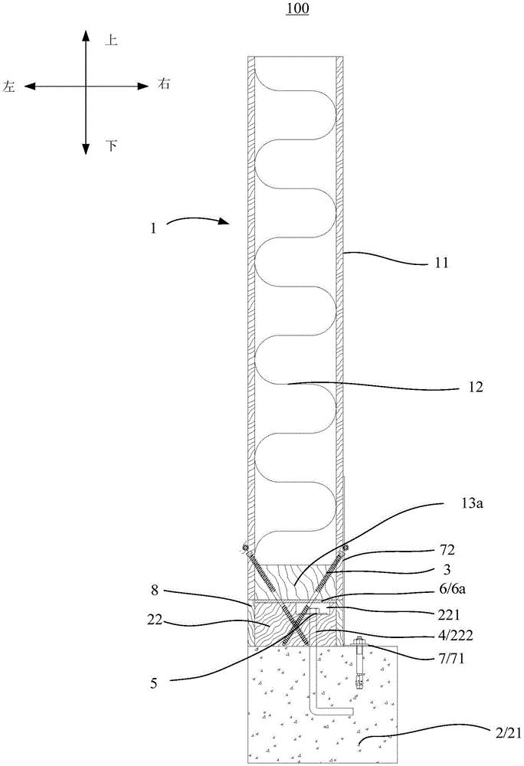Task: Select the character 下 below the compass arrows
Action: pyautogui.click(x=111, y=145)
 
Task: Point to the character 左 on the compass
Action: pyautogui.click(x=11, y=89)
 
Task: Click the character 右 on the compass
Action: pyautogui.click(x=164, y=83)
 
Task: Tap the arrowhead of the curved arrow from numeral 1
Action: pyautogui.click(x=227, y=223)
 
